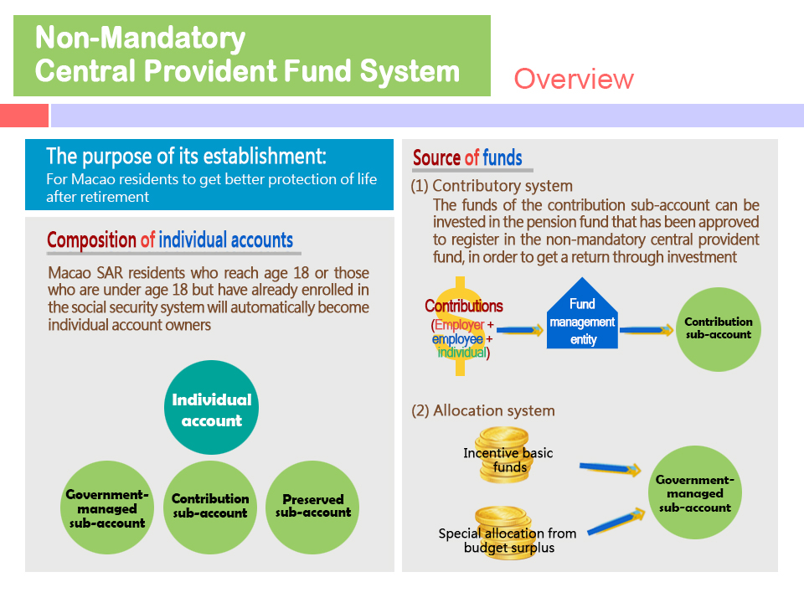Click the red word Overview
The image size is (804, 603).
point(574,79)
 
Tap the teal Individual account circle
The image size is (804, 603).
point(211,407)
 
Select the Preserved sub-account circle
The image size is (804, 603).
point(312,508)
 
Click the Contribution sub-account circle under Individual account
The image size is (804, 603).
point(210,508)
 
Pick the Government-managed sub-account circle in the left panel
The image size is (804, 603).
point(107,508)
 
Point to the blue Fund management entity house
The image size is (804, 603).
point(582,314)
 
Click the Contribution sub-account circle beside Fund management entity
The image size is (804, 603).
point(719,329)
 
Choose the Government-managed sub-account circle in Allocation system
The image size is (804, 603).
point(695,492)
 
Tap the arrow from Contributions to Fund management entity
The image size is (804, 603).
point(520,330)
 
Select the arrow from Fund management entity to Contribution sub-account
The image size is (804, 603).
point(647,330)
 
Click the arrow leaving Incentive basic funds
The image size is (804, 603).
point(611,467)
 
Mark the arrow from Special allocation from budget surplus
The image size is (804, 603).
point(616,522)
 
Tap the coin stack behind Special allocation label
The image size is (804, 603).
point(505,533)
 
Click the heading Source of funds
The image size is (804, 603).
point(467,158)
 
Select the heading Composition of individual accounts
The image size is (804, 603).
point(170,240)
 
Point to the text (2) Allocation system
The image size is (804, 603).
point(483,410)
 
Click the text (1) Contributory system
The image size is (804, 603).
point(492,186)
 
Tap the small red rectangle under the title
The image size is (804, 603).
point(24,116)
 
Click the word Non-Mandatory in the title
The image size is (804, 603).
point(141,38)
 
